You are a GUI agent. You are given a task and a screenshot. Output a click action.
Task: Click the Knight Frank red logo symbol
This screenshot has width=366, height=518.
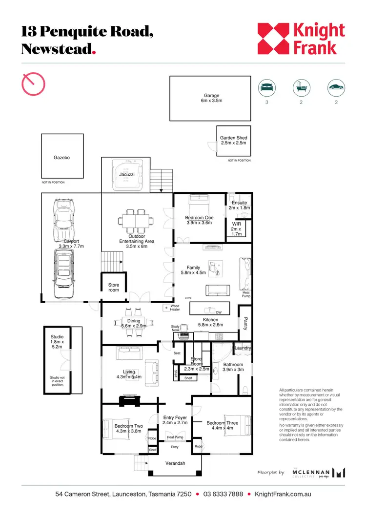point(274,39)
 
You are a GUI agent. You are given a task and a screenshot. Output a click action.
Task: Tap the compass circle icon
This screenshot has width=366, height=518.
point(34,83)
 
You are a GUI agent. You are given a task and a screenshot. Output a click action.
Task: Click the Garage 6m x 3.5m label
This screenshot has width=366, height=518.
point(211,98)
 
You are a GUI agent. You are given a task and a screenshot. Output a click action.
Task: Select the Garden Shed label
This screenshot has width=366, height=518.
point(233,140)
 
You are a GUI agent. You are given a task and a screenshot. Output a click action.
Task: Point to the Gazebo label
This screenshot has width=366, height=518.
point(62,158)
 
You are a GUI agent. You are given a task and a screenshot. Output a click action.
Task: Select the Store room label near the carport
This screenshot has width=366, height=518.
point(113,288)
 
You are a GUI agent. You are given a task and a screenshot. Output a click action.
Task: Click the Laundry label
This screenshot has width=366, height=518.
point(243,348)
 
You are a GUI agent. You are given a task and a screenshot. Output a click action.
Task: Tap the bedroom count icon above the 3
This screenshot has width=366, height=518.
point(266,88)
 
